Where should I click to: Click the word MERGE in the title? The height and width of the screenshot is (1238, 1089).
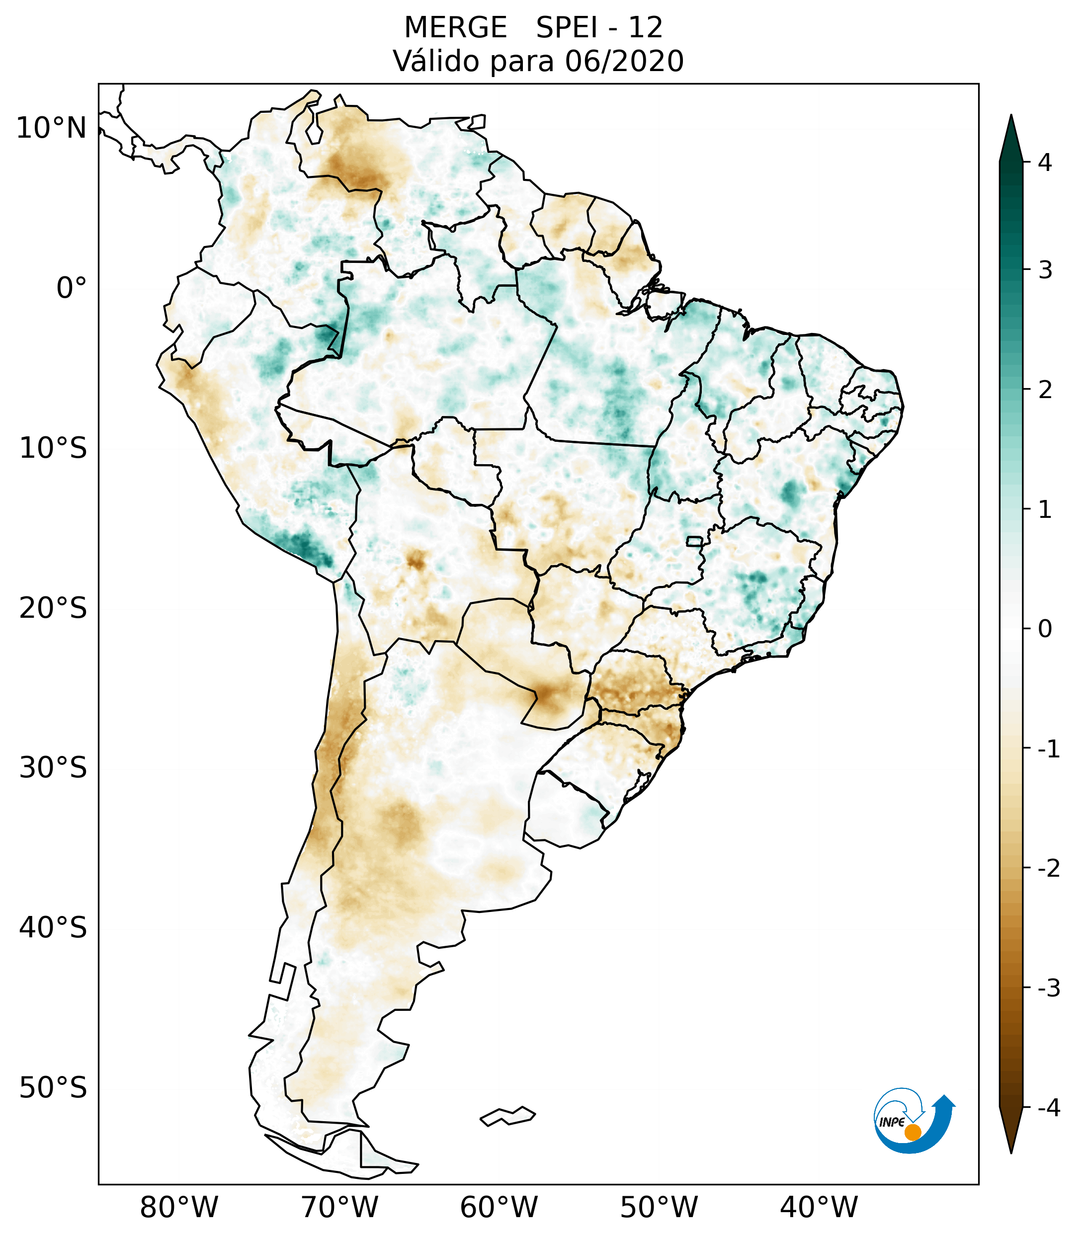coord(455,28)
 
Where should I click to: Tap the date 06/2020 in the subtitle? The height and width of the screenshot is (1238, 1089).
coord(624,61)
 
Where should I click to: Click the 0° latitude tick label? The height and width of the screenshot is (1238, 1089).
coord(71,288)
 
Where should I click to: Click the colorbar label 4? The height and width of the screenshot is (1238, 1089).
coord(1044,163)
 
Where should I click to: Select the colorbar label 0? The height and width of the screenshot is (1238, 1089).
coord(1044,629)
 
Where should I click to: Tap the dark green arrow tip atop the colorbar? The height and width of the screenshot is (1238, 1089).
coord(1010,136)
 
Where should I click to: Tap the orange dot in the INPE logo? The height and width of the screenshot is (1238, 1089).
coord(912,1132)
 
